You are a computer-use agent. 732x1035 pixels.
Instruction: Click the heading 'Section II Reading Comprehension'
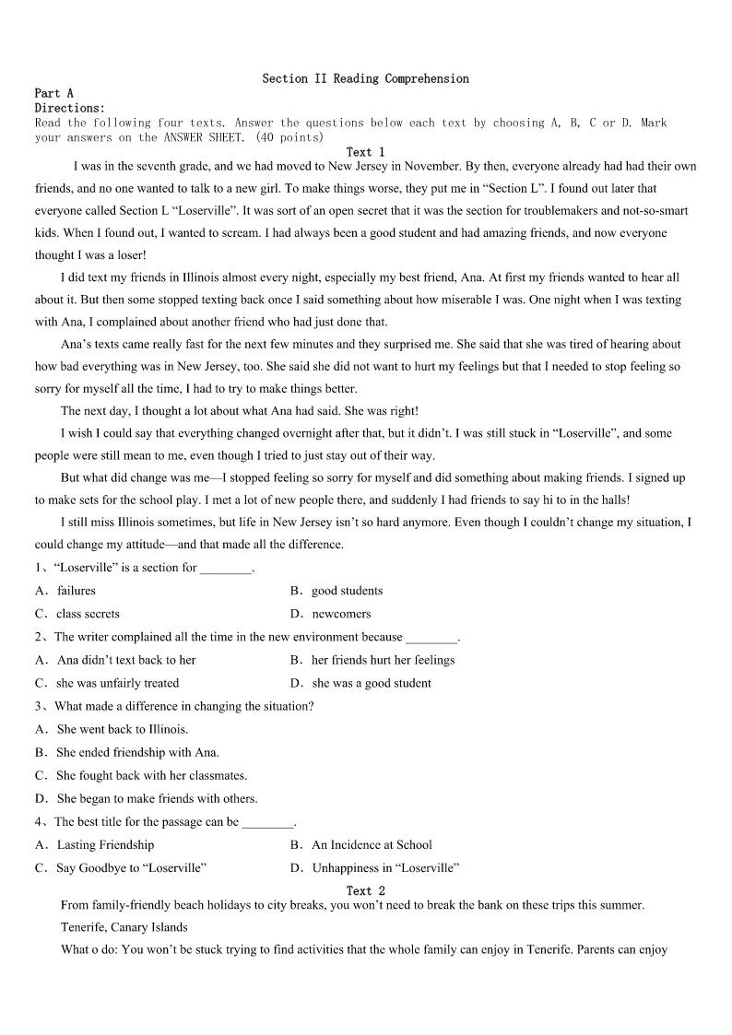365,79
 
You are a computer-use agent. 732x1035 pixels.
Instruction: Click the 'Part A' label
53,93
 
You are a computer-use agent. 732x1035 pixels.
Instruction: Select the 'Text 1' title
365,152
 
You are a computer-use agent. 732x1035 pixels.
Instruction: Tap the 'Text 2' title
365,891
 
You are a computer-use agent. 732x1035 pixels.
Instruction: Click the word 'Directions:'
70,108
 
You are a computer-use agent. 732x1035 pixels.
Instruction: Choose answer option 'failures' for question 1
76,591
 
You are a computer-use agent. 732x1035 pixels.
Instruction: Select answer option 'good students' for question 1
347,591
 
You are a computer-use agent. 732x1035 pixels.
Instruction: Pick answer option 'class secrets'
88,614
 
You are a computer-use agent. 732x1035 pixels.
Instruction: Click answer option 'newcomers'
341,614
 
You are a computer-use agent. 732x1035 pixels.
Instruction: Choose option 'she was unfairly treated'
117,684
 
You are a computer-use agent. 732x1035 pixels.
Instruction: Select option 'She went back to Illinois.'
122,730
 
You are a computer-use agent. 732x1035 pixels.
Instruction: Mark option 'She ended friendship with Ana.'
137,753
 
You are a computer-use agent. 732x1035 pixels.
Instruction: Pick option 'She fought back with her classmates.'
151,776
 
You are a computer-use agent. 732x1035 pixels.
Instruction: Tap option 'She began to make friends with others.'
157,799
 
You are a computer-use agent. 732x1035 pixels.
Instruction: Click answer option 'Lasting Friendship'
105,845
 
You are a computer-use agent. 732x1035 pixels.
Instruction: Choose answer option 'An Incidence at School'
372,845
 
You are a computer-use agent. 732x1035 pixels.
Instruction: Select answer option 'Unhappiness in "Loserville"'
385,868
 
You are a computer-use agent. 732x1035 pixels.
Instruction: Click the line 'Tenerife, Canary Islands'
124,927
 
